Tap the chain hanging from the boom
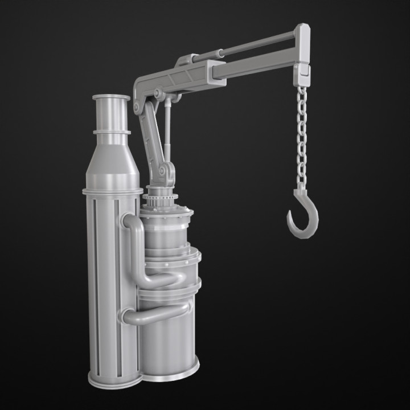coord(301,137)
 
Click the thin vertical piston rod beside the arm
coord(169,131)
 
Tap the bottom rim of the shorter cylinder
coord(171,374)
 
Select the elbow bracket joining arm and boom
coord(142,91)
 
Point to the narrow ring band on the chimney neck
coord(112,132)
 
